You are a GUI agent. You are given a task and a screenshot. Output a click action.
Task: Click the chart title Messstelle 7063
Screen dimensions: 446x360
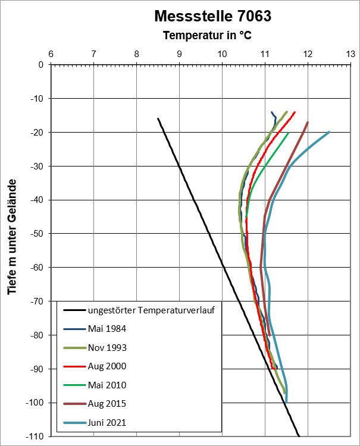tap(212, 16)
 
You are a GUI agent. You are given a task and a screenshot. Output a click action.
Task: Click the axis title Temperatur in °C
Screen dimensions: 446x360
tap(207, 36)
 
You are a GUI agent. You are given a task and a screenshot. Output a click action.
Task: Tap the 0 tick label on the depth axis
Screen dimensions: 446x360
tap(40, 65)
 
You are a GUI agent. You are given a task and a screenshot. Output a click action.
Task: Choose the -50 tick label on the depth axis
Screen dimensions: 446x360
tap(36, 234)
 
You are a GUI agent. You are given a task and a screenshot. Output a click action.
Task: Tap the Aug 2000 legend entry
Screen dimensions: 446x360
tap(107, 366)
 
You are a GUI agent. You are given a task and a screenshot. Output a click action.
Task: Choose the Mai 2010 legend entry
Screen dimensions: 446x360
tap(107, 385)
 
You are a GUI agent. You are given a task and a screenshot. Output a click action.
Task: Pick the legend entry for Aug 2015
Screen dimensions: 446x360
tap(107, 404)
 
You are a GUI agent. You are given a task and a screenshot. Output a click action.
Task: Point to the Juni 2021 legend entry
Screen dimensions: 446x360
tap(108, 423)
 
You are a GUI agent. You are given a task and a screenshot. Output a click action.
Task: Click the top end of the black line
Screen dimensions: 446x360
tap(158, 118)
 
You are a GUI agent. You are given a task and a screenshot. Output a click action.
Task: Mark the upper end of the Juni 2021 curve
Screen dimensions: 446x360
tap(329, 132)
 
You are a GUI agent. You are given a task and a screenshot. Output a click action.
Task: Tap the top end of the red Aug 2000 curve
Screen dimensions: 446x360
tap(295, 112)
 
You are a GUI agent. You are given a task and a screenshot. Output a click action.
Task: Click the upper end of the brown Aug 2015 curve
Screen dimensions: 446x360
tap(308, 123)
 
